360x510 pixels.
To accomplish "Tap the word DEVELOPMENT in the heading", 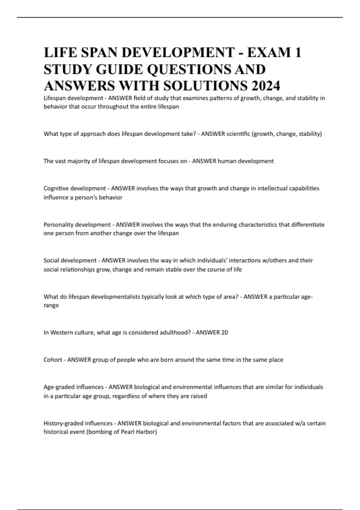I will [178, 52].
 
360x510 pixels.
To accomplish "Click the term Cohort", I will [53, 360].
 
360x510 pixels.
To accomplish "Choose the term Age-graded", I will [59, 387].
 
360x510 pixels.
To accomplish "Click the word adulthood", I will [174, 332].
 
